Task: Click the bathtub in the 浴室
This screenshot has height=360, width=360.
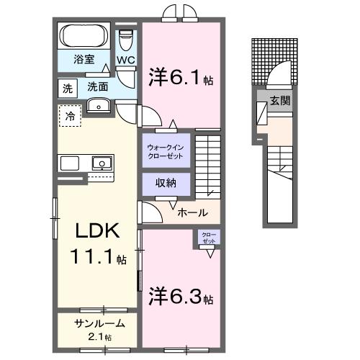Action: (84, 36)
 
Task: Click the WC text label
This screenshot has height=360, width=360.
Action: (125, 61)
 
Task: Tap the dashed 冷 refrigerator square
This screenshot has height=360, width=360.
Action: (70, 116)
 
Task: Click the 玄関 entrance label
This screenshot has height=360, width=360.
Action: (281, 101)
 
